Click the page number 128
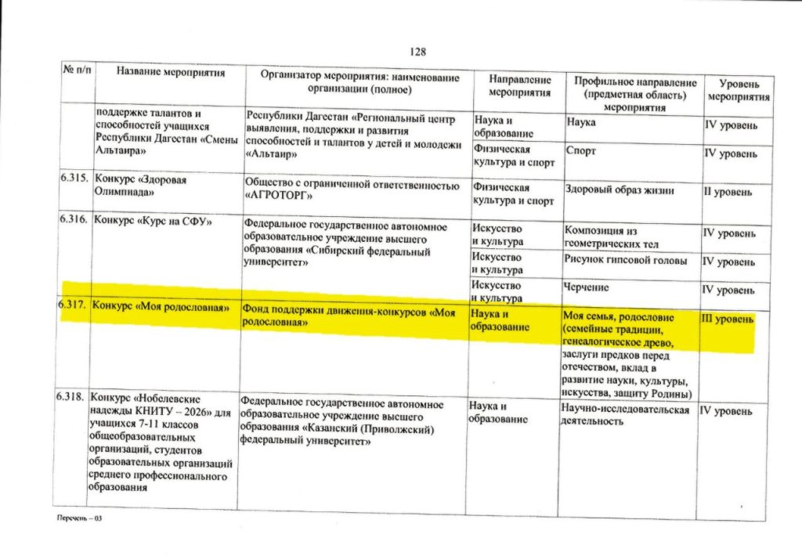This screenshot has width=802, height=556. click(x=417, y=52)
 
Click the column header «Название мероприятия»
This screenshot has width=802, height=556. click(x=171, y=73)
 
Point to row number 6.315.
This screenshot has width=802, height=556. click(x=74, y=179)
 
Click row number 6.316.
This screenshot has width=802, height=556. click(x=74, y=220)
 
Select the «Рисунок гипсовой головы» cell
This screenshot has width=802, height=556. click(x=625, y=260)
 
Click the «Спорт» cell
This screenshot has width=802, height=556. click(x=580, y=150)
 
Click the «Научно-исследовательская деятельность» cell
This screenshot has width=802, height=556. click(x=625, y=416)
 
